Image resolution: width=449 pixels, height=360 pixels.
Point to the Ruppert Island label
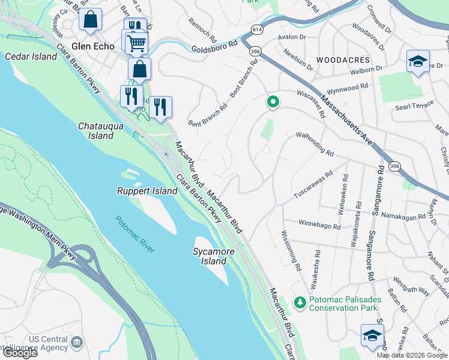[147, 191]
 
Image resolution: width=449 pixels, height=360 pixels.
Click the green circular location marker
[273, 103]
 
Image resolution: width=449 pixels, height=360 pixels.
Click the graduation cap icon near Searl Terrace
[418, 61]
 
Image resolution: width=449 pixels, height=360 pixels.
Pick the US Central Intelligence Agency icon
[76, 342]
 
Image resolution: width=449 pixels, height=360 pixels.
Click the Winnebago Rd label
[319, 225]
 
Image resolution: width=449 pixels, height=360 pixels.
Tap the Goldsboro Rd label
[216, 48]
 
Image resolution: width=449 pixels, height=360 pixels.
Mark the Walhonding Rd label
[315, 145]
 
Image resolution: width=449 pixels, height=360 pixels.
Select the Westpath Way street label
[412, 286]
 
